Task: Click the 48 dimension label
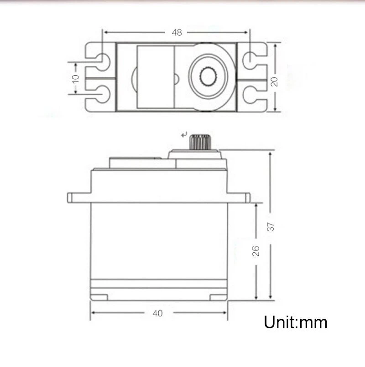coord(177,32)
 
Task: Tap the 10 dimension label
coord(76,78)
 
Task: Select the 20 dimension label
coord(274,81)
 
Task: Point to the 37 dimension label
coord(271,226)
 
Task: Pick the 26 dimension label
coord(256,251)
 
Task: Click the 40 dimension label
coord(158,313)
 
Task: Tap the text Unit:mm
coord(296,322)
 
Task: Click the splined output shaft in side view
coord(199,142)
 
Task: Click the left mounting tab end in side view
coord(70,198)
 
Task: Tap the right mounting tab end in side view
coord(247,198)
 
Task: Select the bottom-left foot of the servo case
coord(99,297)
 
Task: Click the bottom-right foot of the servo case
coord(218,297)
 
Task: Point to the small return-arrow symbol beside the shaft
coord(184,135)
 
